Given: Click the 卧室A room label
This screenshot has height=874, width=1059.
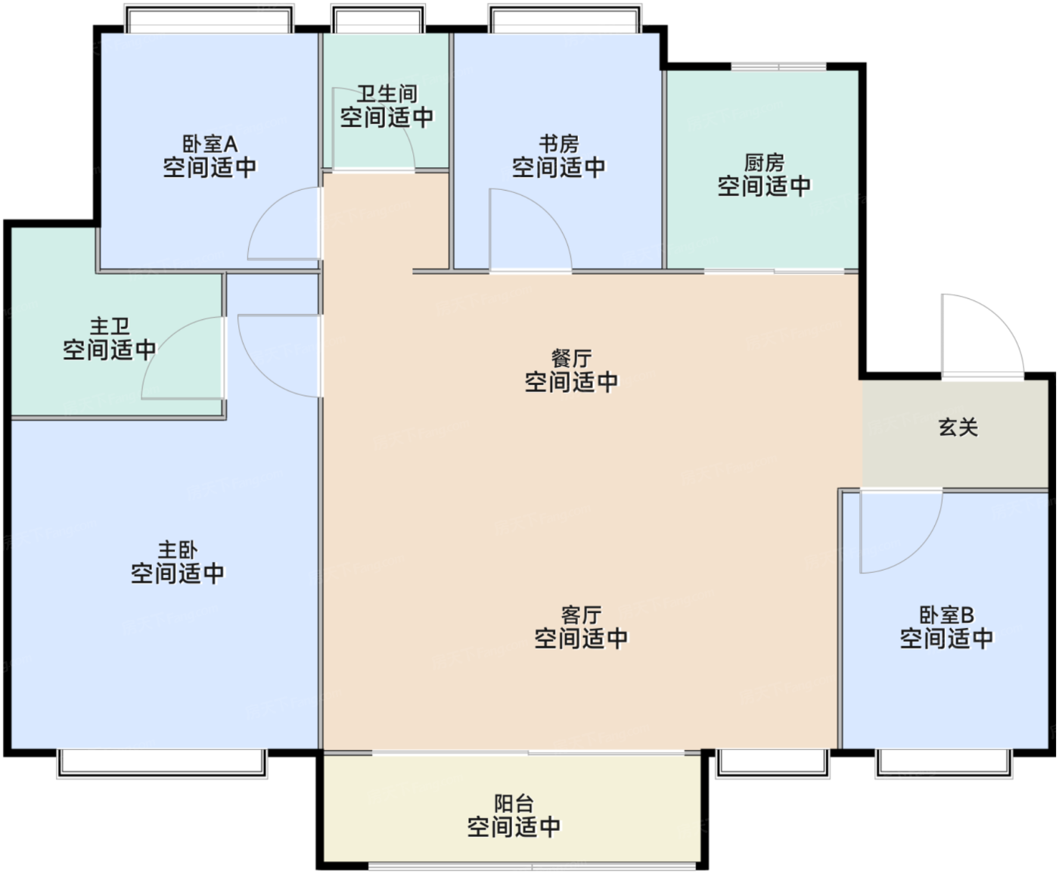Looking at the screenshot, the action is [210, 145].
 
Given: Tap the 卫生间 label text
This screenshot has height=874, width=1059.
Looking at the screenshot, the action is [387, 95].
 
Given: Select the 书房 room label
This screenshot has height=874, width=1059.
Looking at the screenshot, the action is [558, 144].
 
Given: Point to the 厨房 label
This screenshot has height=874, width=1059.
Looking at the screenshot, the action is [764, 163].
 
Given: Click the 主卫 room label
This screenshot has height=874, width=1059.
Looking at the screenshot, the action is [110, 326].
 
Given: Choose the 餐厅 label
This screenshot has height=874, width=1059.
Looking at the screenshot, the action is [572, 359].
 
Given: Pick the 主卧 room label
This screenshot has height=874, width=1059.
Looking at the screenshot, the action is [178, 550].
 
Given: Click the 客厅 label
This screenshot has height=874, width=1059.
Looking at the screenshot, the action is [581, 615].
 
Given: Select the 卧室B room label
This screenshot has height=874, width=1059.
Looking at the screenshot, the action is [946, 615].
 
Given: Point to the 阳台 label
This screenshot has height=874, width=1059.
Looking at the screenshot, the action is [514, 804].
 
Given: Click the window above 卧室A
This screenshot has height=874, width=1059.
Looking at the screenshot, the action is [210, 19].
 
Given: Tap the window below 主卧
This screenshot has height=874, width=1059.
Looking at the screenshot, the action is [162, 764].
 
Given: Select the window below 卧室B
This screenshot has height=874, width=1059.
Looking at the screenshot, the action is [944, 764].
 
